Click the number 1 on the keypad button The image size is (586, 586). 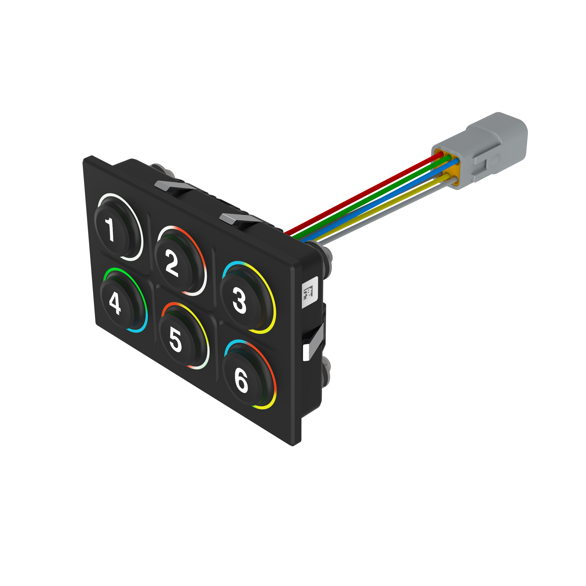(x=110, y=230)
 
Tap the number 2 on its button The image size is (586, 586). (x=172, y=265)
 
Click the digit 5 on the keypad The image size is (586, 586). (x=175, y=340)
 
